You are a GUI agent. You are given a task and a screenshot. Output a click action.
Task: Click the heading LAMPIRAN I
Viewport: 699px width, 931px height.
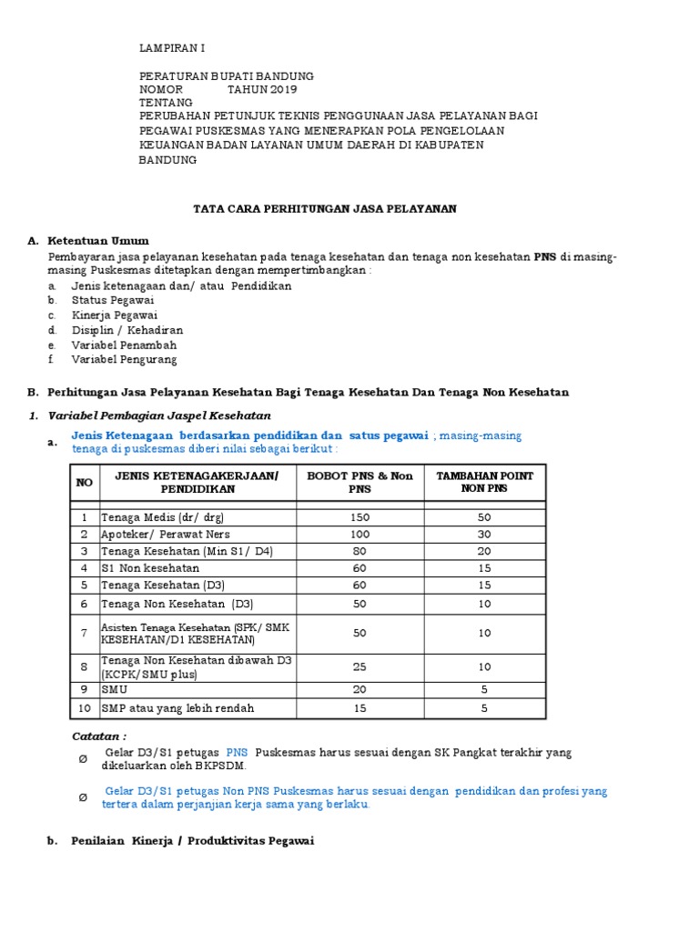(x=177, y=48)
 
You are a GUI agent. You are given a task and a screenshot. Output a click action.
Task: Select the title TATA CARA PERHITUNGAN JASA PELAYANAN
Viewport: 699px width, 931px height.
(x=324, y=208)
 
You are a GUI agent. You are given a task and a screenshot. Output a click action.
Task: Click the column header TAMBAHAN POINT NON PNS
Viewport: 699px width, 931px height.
(x=484, y=482)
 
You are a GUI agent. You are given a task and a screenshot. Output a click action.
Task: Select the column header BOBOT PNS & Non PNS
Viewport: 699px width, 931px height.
(x=360, y=482)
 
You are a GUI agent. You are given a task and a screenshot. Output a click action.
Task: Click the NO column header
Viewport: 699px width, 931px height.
(x=85, y=482)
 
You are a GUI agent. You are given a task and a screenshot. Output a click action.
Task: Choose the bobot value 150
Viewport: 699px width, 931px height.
(x=360, y=517)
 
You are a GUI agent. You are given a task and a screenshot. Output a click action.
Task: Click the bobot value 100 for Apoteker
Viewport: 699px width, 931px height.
(x=360, y=534)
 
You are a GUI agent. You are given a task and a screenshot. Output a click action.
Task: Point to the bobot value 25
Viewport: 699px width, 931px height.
(x=360, y=667)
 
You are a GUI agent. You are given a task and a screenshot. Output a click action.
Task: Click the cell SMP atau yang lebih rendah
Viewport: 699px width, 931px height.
(x=177, y=708)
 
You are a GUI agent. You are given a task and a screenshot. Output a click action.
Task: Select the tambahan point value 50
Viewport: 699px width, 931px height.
(x=484, y=517)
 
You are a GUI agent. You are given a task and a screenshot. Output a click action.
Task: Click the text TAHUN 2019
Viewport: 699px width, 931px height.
(x=262, y=90)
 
